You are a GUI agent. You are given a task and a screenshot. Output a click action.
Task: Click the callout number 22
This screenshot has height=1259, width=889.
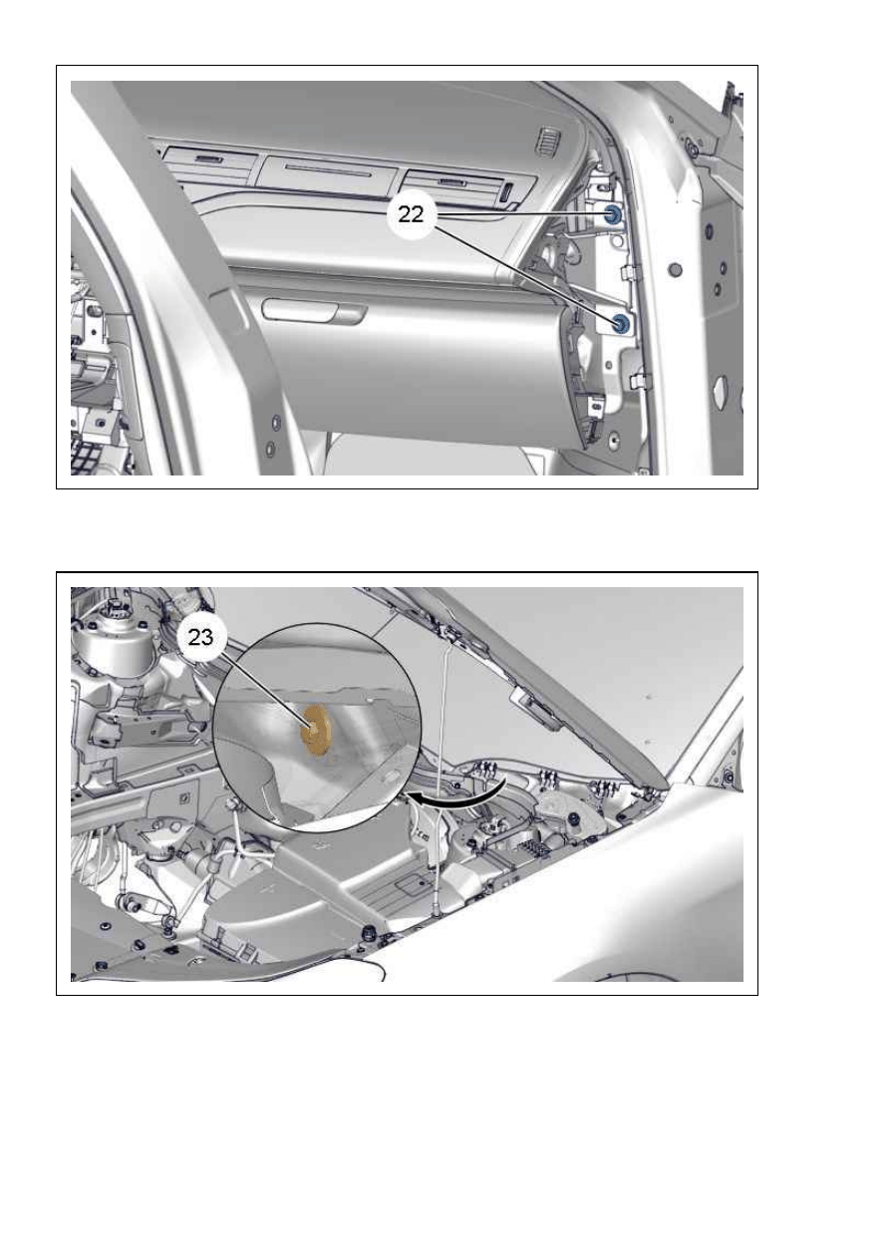coord(411,214)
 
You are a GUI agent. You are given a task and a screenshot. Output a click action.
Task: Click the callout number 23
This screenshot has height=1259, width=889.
coord(200,637)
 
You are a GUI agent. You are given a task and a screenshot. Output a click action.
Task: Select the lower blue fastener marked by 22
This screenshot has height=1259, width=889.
coord(621,322)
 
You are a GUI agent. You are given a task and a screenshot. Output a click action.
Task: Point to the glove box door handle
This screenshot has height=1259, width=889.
coord(314,310)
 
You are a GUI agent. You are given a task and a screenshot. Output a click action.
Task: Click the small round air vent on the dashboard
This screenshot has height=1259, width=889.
coord(546,141)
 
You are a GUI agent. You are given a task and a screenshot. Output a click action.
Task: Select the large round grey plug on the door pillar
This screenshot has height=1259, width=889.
coord(676,270)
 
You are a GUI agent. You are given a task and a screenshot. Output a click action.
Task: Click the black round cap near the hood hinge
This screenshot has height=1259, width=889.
coord(575,820)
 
